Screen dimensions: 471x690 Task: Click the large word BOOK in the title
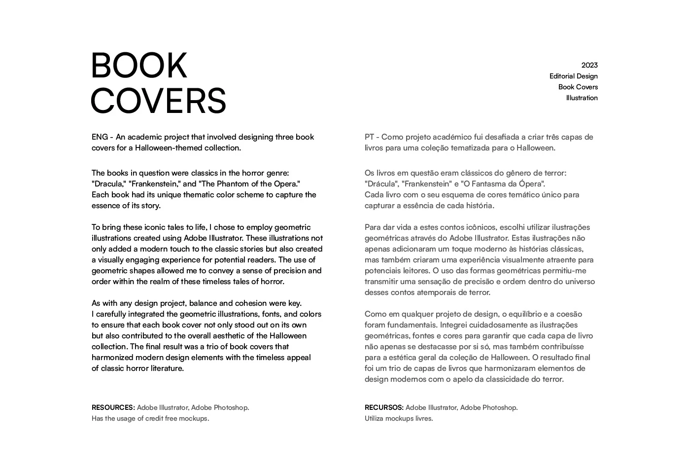139,66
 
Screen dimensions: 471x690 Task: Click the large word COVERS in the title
158,101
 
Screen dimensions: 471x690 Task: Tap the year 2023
589,65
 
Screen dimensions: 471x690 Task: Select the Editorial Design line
573,76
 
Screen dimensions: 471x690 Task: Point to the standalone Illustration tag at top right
582,98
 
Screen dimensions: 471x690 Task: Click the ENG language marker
99,137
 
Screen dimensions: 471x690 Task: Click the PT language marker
369,137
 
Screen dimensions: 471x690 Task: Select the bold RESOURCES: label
113,407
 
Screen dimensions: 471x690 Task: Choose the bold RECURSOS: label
384,407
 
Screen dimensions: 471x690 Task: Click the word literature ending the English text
167,368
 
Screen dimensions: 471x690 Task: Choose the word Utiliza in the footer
374,418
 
